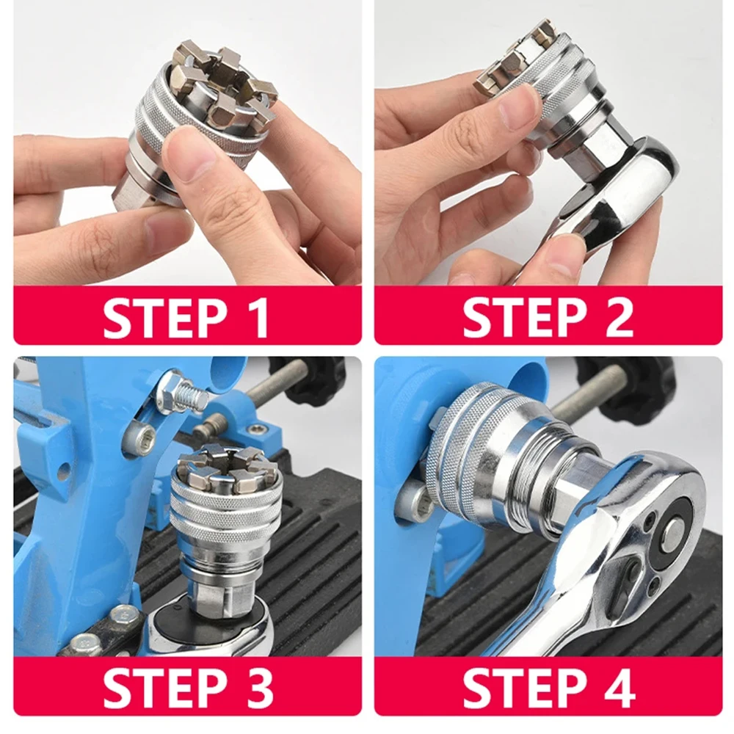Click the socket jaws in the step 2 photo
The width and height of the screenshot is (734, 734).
tap(514, 59)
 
